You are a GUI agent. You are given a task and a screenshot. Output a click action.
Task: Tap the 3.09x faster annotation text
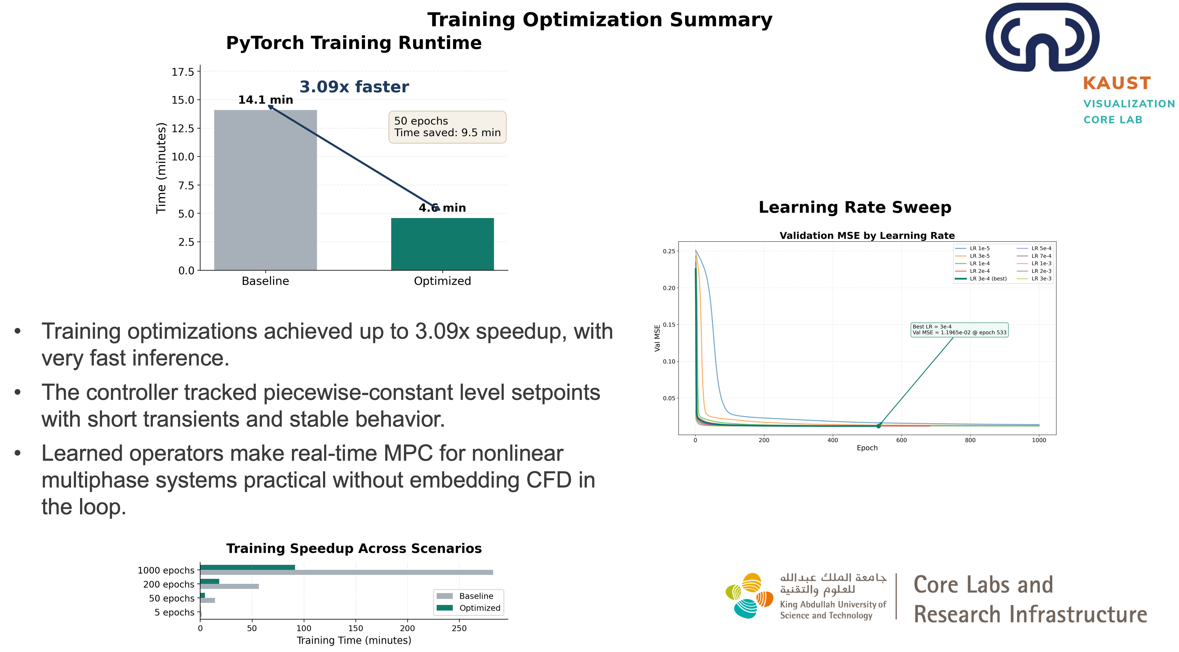tap(354, 87)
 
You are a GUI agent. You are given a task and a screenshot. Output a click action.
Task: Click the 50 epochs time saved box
tap(447, 127)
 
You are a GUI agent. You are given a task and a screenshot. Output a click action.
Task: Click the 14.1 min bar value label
tap(265, 100)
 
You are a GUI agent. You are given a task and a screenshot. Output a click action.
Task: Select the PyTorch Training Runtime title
tap(354, 43)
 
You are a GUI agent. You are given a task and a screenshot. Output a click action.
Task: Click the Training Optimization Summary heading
tap(600, 20)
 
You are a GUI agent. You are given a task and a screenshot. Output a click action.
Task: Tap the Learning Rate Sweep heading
tap(855, 207)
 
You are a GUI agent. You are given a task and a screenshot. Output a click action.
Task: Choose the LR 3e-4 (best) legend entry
tap(988, 279)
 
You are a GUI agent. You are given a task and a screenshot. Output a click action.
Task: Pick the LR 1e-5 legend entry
tap(979, 248)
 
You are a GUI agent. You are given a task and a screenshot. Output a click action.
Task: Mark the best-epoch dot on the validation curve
tap(878, 426)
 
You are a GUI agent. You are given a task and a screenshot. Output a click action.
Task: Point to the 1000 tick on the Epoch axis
tap(1039, 440)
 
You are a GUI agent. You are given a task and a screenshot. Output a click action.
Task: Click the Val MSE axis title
tap(657, 338)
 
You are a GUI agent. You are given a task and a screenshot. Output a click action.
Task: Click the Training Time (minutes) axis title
tap(354, 640)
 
